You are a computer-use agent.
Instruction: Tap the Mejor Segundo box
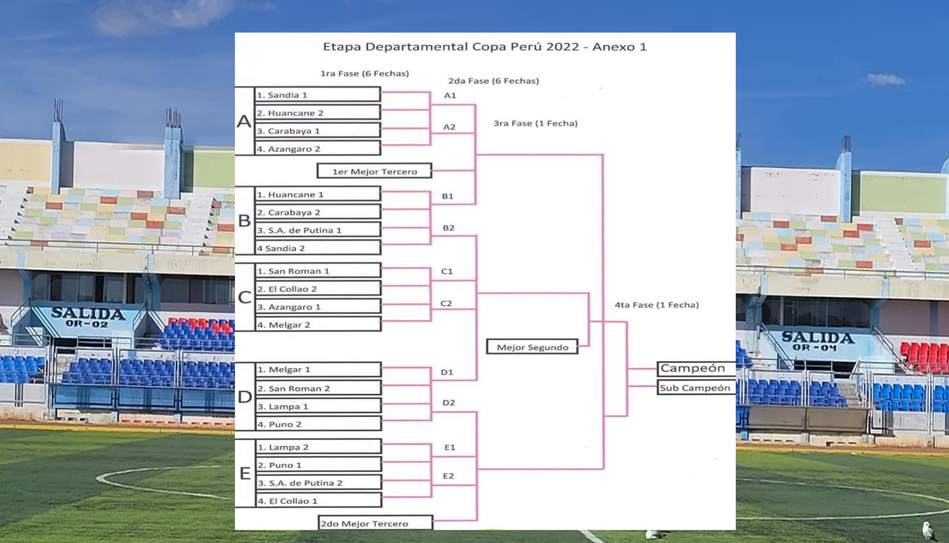click(532, 347)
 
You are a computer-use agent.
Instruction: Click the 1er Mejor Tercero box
click(374, 171)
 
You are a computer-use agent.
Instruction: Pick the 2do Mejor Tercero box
click(375, 523)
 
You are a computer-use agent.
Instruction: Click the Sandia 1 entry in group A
click(317, 95)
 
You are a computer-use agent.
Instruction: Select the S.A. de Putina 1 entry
click(317, 230)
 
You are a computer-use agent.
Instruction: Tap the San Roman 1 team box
click(317, 271)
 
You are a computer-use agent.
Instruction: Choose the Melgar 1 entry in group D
click(318, 370)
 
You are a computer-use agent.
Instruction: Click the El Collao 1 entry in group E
click(318, 501)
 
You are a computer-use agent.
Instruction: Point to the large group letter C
click(245, 297)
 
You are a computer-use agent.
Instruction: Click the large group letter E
click(245, 473)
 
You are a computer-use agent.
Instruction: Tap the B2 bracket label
click(448, 228)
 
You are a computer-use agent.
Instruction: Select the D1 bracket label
click(447, 372)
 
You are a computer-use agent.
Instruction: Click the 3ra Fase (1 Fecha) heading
click(535, 123)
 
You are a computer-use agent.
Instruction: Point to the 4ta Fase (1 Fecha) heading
click(657, 305)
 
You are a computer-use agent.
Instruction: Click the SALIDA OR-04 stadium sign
click(817, 341)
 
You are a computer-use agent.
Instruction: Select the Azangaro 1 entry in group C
click(317, 307)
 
